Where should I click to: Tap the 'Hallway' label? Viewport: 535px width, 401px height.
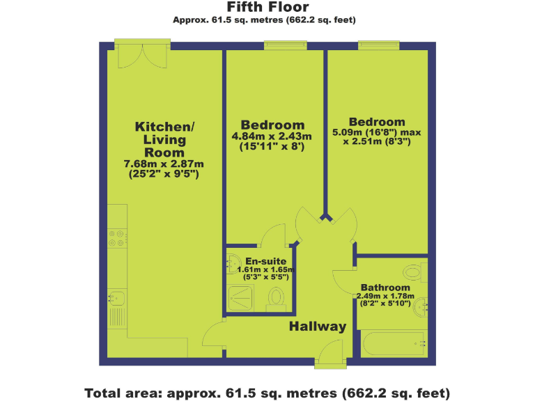pos(318,327)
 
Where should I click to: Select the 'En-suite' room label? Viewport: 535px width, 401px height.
pos(265,261)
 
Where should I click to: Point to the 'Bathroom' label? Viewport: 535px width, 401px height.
pos(385,288)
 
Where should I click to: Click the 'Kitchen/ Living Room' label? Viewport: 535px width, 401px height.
pos(164,139)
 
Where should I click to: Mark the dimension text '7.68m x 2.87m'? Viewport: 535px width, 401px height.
pos(164,164)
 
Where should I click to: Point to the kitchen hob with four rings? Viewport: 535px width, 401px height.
pos(116,237)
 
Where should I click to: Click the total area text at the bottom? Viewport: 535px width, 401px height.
pos(267,392)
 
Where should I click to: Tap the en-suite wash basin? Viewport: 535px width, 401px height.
pos(232,264)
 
